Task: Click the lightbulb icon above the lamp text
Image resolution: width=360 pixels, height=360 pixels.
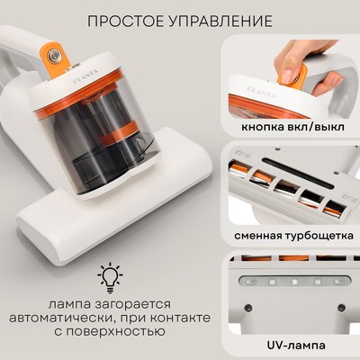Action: click(108, 276)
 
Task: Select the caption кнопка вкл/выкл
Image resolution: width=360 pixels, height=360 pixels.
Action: click(293, 127)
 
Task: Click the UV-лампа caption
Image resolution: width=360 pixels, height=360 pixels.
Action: click(293, 344)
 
